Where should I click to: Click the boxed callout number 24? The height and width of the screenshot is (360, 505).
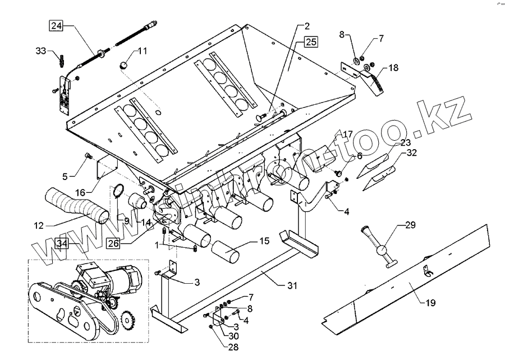coord(57,25)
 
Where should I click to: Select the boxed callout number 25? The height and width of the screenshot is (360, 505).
coord(311,41)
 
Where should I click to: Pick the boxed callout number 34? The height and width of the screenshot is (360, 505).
coord(62,244)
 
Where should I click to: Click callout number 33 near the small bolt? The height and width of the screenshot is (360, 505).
coord(41,52)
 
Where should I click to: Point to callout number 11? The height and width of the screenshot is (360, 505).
coord(143,51)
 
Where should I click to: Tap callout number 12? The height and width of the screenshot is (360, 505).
coord(39,226)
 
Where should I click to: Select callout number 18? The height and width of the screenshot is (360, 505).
coord(393,68)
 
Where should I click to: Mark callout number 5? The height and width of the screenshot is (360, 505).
coord(65,176)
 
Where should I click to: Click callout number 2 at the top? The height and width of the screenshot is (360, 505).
coord(308,26)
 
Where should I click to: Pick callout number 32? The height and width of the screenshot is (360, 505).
coord(412,152)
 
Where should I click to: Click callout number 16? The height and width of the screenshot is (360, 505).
coord(81,192)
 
